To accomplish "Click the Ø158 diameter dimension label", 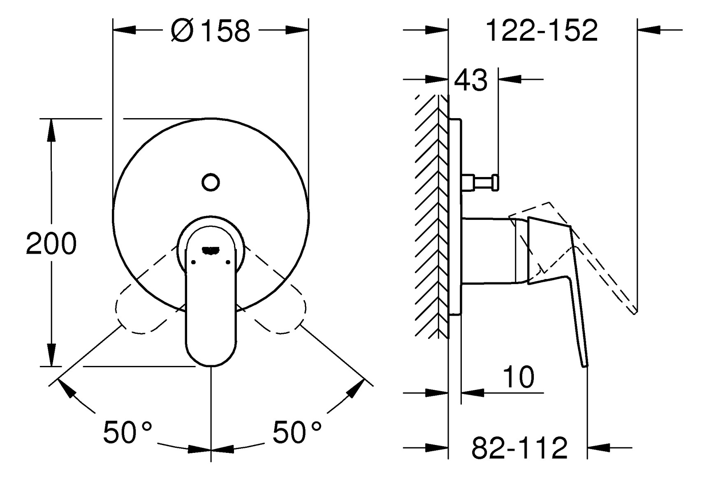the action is click(211, 30).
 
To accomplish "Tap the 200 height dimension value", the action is click(51, 243).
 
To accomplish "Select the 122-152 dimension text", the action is click(542, 30).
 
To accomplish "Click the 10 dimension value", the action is click(519, 377).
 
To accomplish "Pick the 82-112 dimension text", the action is click(519, 448).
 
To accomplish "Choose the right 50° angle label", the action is click(297, 432).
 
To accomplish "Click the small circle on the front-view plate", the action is click(211, 182).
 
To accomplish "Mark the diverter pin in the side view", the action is click(480, 182).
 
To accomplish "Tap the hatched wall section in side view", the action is click(431, 217).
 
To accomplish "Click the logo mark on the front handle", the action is click(211, 249).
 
